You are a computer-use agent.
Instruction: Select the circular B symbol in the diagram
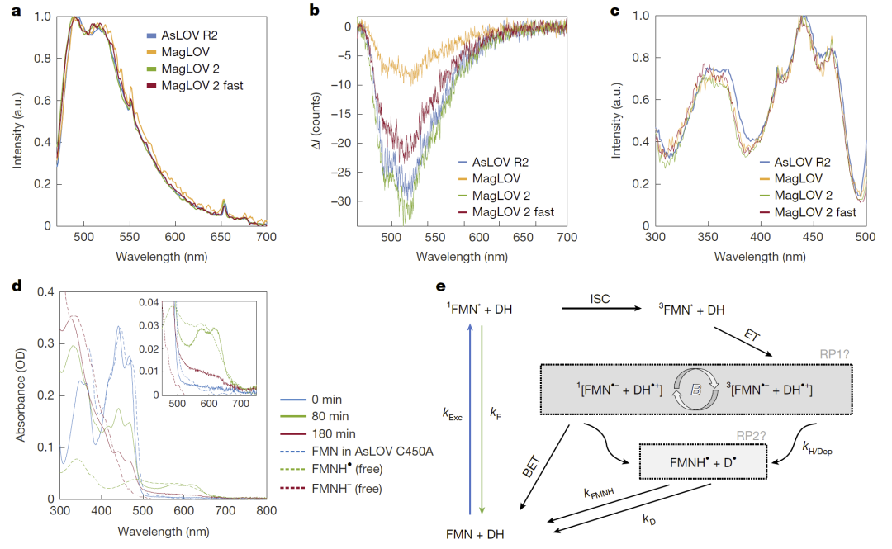(x=695, y=387)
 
